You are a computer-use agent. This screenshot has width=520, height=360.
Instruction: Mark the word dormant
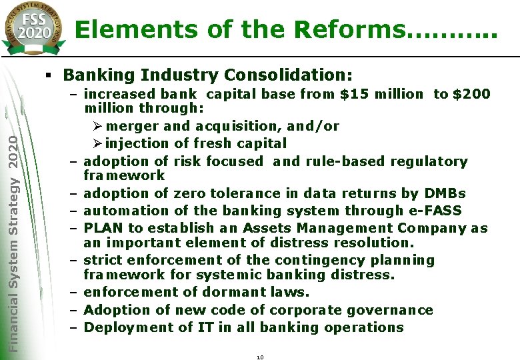[223, 292]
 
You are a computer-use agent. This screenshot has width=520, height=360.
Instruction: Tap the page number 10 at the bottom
[260, 358]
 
